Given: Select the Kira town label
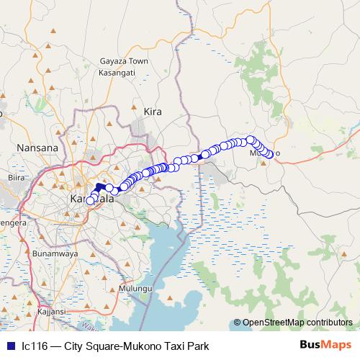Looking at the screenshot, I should click(x=153, y=112).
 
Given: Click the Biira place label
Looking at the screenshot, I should click(x=16, y=176).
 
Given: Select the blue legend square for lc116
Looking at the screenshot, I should click(x=10, y=346).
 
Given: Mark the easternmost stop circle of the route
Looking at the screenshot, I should click(x=271, y=153).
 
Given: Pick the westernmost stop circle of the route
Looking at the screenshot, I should click(x=90, y=201).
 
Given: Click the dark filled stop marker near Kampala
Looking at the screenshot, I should click(x=99, y=187).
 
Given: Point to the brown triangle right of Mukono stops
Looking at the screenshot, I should click(x=264, y=163).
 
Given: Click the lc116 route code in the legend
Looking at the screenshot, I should click(x=35, y=346).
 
